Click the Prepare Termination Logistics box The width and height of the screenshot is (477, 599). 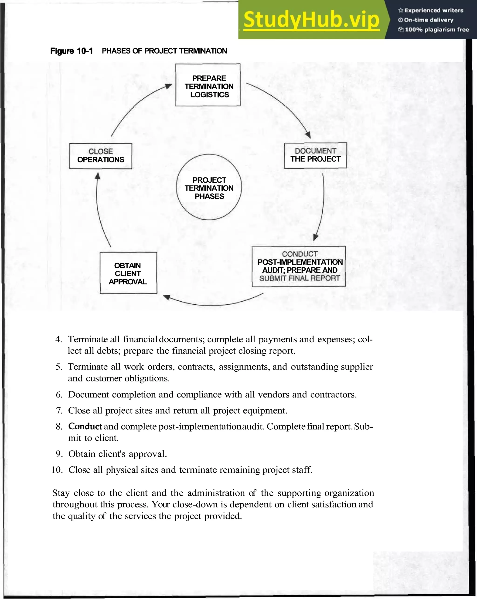click(208, 85)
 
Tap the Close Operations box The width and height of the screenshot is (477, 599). click(100, 156)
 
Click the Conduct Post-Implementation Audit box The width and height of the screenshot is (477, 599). click(298, 266)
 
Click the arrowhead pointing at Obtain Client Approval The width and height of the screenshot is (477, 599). click(167, 298)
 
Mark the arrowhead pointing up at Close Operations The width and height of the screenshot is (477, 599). click(98, 176)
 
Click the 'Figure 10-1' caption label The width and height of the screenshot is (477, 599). click(71, 51)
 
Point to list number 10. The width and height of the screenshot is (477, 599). click(57, 470)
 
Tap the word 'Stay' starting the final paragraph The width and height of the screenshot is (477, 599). click(61, 493)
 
